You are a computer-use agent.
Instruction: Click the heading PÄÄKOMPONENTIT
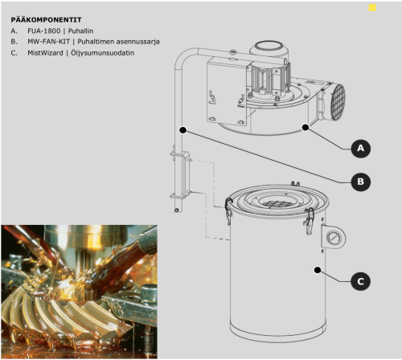46,20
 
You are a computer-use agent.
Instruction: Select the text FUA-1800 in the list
44,31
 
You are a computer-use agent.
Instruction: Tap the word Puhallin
80,31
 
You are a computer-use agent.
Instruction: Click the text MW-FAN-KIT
48,42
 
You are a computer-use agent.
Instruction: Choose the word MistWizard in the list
45,53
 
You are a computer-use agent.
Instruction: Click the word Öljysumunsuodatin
102,53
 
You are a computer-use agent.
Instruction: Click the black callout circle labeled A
361,148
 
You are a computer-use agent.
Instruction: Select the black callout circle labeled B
361,182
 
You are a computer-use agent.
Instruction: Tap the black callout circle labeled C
361,281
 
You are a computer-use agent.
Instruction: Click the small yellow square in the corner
372,8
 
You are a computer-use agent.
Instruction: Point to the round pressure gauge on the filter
334,237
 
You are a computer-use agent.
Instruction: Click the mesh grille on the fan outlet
338,100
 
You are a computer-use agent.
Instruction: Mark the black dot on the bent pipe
183,130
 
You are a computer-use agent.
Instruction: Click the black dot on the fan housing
306,128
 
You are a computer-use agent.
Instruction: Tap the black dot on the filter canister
318,270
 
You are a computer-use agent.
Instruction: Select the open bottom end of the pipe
177,211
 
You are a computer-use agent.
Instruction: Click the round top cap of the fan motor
268,46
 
